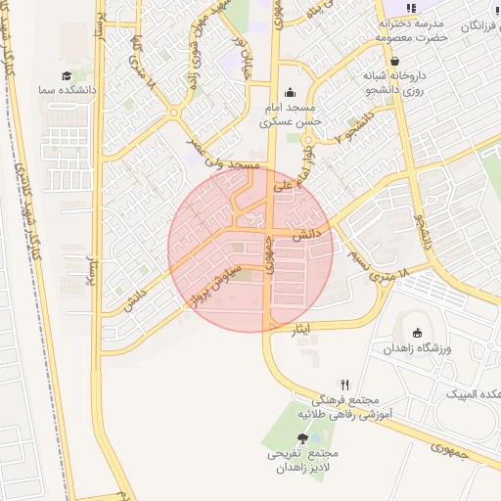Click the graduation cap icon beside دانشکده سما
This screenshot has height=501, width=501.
(x=67, y=75)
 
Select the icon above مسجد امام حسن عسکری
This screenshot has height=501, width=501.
(x=290, y=94)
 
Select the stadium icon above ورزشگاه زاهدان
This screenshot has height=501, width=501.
(x=417, y=333)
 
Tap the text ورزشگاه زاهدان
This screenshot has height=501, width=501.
(x=420, y=349)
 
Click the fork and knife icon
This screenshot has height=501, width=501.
(x=344, y=386)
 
